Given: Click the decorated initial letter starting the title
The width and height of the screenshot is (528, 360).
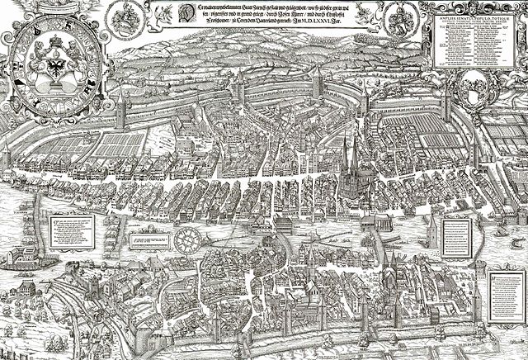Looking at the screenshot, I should pos(164,14).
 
